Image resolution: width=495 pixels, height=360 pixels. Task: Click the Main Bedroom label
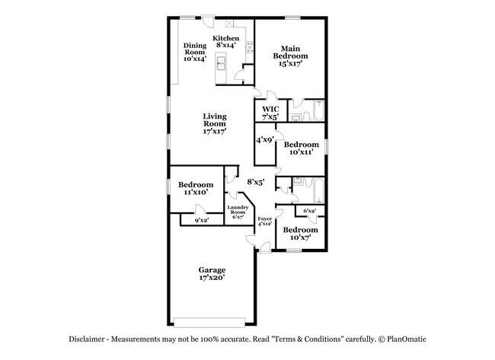290,56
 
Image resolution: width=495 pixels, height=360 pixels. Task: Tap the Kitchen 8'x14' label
225,42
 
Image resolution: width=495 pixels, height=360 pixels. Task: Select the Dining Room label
195,52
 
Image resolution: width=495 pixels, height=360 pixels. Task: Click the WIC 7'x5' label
271,113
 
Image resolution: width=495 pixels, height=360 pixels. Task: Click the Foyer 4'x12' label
264,222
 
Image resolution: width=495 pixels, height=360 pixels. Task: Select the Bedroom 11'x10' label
196,189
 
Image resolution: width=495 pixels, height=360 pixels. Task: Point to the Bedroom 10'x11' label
301,148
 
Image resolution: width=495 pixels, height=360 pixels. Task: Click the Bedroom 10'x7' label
300,233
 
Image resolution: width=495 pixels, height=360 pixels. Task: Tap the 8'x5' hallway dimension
255,182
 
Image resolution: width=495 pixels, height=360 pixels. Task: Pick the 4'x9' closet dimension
264,140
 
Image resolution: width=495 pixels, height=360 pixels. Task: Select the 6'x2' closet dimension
310,210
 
